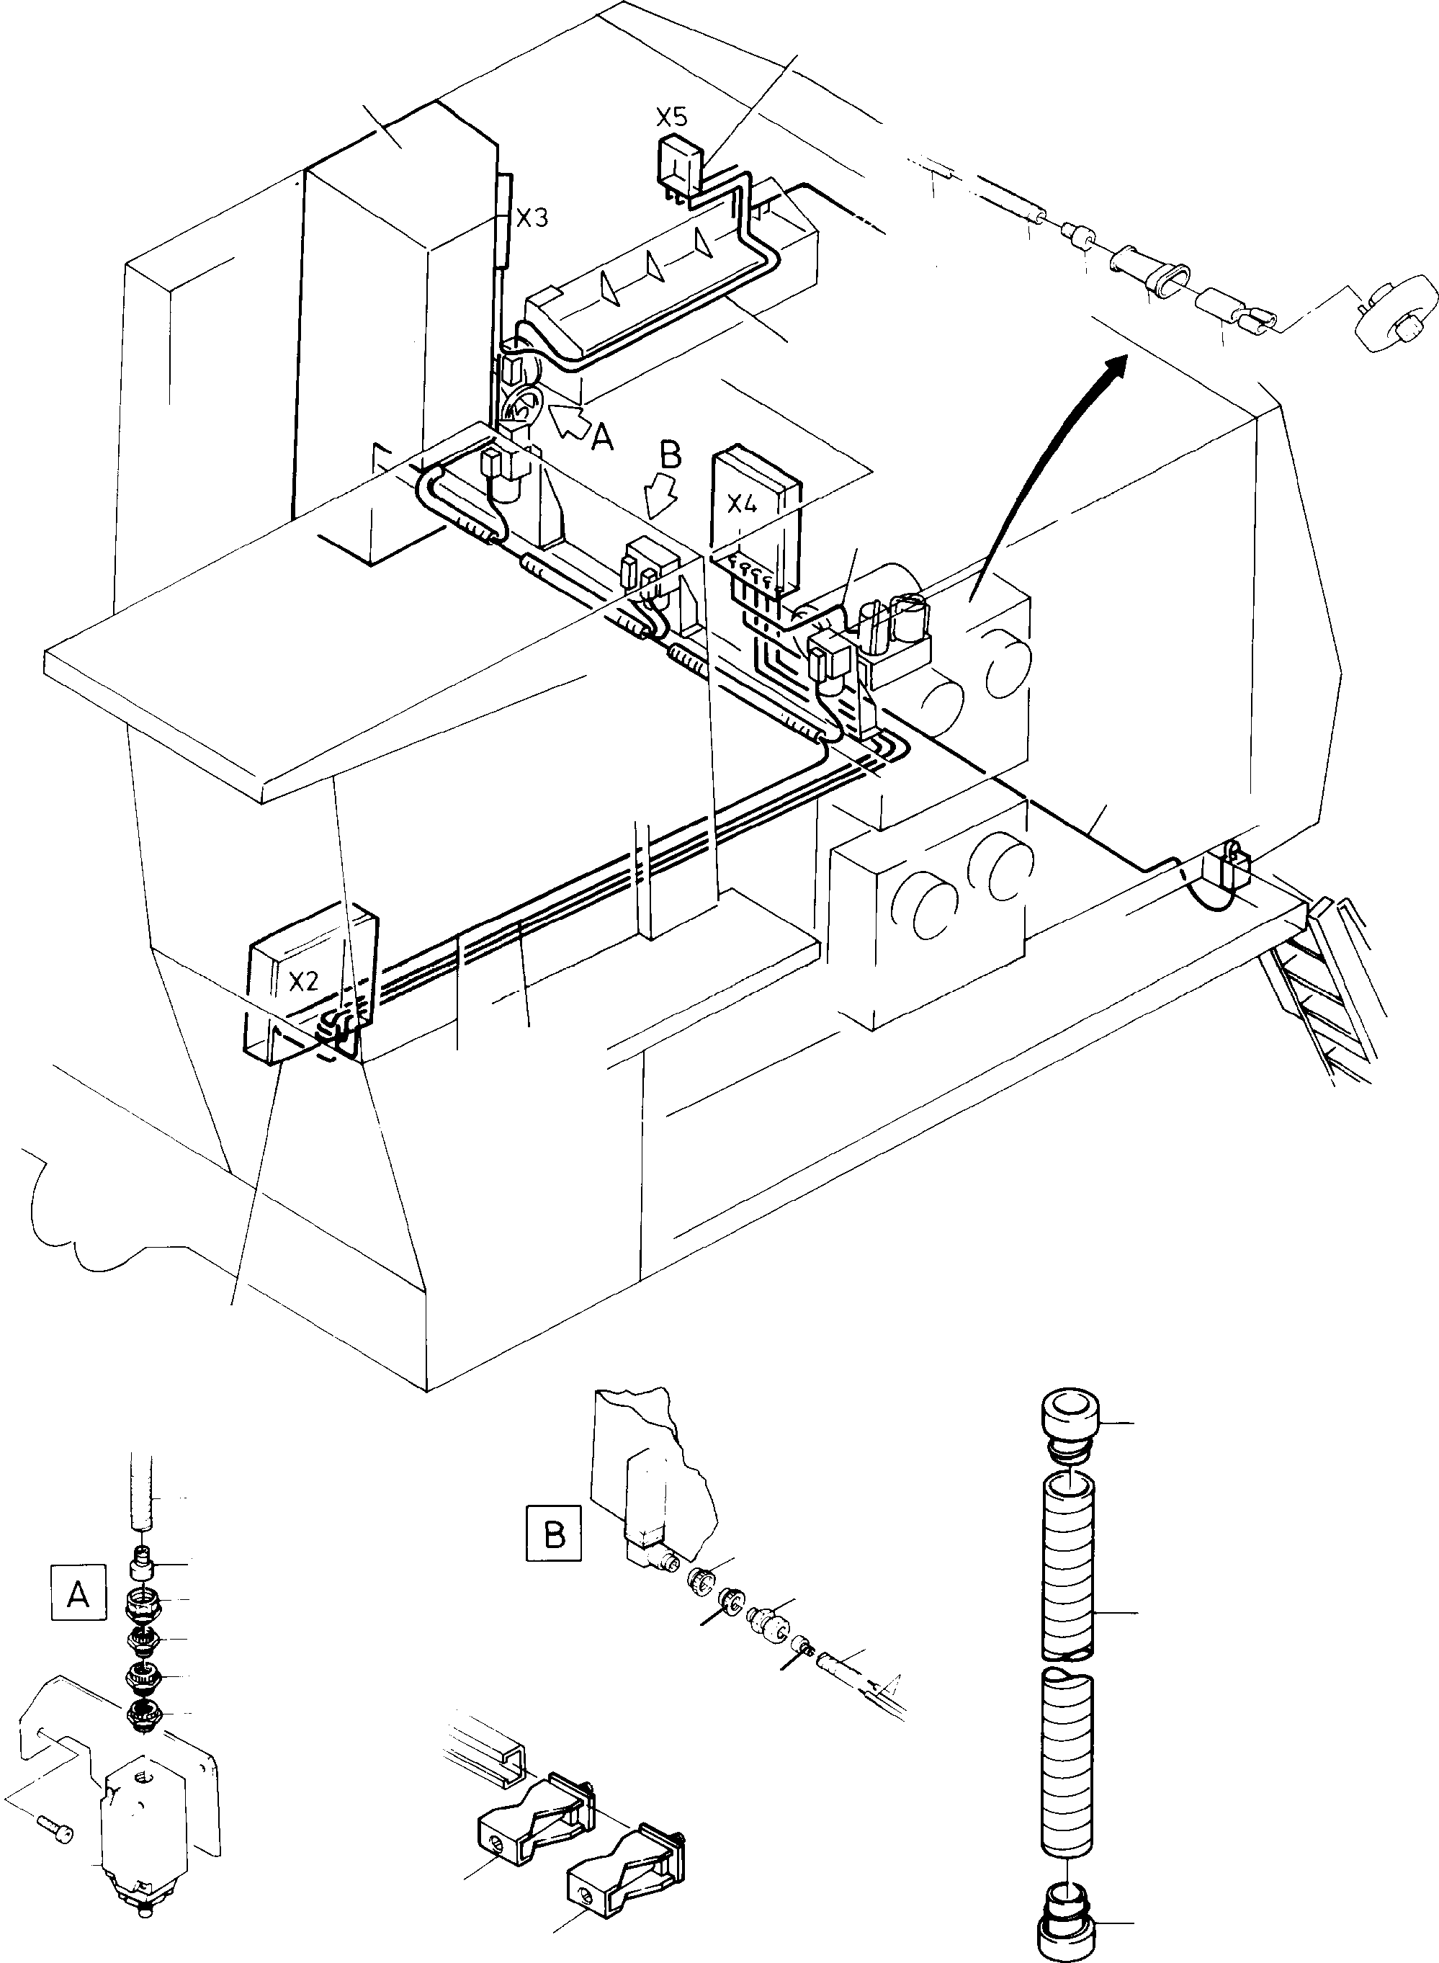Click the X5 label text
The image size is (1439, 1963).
click(x=671, y=117)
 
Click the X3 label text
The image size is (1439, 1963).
click(x=532, y=218)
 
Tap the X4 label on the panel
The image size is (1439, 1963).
click(x=741, y=504)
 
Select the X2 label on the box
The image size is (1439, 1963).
click(x=302, y=982)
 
